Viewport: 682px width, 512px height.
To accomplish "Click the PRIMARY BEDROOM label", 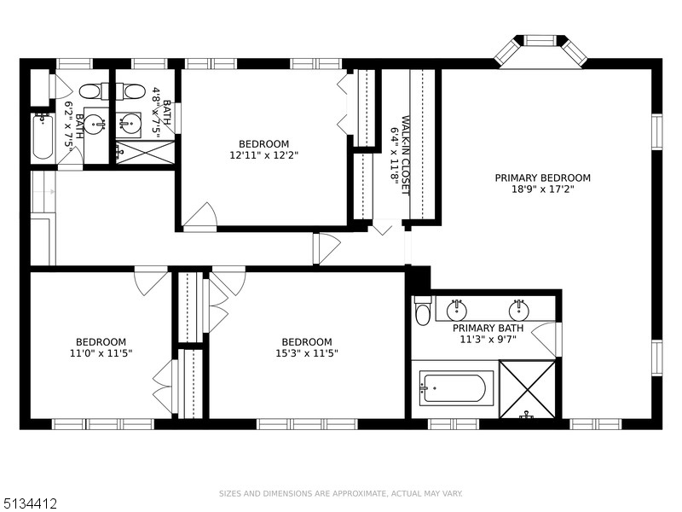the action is point(542,177).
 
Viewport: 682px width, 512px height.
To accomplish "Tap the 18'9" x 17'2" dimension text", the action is point(543,189).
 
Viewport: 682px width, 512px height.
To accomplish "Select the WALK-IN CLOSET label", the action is point(406,155).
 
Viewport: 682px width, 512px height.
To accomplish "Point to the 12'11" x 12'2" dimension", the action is point(263,155).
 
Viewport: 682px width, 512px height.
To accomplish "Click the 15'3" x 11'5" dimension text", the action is point(307,353).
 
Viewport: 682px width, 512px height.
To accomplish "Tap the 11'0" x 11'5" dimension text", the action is point(101,353).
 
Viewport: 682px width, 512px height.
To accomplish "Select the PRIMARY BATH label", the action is point(488,328).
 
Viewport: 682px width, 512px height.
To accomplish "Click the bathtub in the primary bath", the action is point(456,388).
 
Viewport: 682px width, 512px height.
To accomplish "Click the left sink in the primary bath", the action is point(457,310).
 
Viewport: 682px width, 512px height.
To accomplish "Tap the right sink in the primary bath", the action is point(519,310).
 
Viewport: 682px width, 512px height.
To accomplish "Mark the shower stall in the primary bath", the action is point(527,390).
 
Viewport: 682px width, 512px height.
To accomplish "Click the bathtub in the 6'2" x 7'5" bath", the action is point(43,137).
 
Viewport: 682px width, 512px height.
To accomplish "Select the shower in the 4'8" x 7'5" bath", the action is point(145,152).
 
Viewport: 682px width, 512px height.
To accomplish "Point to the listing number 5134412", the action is point(29,504).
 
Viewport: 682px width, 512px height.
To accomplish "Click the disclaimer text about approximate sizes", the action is point(340,494).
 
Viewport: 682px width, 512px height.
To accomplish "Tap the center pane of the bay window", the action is point(540,40).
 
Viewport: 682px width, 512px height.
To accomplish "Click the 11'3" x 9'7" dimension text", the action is point(488,339).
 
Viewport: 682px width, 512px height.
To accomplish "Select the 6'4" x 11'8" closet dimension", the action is point(394,155).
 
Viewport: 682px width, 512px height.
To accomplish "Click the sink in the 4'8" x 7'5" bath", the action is point(129,123).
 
